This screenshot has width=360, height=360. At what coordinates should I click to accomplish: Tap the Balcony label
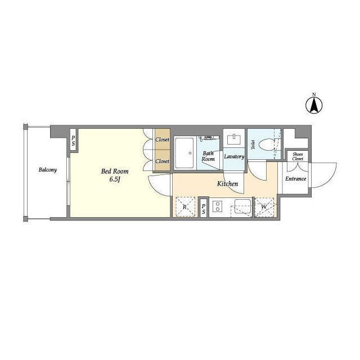(47, 170)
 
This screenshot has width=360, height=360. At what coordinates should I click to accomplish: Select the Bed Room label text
(115, 171)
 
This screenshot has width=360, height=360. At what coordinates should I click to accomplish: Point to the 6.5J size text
(115, 179)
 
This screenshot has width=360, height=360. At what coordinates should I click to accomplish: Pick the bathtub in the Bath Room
(184, 152)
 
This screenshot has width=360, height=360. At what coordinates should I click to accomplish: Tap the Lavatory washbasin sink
(234, 139)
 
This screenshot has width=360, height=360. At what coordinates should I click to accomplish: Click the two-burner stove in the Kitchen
(217, 206)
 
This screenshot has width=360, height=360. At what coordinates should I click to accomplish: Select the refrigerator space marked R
(185, 206)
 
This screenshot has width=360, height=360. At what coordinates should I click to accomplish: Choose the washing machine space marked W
(264, 207)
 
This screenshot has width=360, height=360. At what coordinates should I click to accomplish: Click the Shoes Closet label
(298, 156)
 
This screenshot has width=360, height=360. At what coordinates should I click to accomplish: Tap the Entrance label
(296, 179)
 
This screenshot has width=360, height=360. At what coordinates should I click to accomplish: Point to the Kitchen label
(227, 184)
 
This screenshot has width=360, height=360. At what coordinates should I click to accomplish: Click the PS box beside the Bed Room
(73, 141)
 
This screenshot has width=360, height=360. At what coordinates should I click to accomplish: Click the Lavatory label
(234, 156)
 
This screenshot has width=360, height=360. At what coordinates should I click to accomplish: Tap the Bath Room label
(208, 156)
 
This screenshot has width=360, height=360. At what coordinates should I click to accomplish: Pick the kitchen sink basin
(242, 206)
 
